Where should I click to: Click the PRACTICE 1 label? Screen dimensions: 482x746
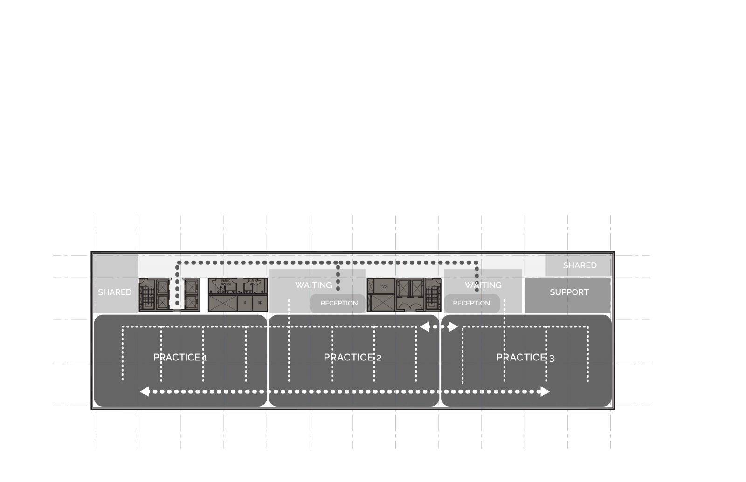(180, 358)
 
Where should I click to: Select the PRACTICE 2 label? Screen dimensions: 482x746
(352, 358)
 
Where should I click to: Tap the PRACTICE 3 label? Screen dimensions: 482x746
(525, 358)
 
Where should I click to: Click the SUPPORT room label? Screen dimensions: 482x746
(569, 292)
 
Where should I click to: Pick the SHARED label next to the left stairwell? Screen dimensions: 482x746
(115, 292)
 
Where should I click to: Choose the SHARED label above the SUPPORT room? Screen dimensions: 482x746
(580, 265)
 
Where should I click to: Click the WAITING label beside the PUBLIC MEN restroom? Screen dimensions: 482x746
(313, 285)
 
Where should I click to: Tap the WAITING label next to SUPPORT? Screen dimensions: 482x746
(483, 285)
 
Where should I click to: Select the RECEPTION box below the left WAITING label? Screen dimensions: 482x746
(339, 303)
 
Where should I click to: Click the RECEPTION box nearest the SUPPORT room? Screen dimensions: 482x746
(471, 303)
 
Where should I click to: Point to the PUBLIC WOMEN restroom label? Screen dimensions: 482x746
(226, 283)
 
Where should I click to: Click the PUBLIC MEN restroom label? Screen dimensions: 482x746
(252, 283)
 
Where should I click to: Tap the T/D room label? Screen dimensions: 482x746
(384, 286)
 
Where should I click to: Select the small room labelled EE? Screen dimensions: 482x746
(260, 303)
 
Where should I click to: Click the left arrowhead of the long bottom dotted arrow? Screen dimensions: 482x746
(145, 392)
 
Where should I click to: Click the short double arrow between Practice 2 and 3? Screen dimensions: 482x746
(439, 327)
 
